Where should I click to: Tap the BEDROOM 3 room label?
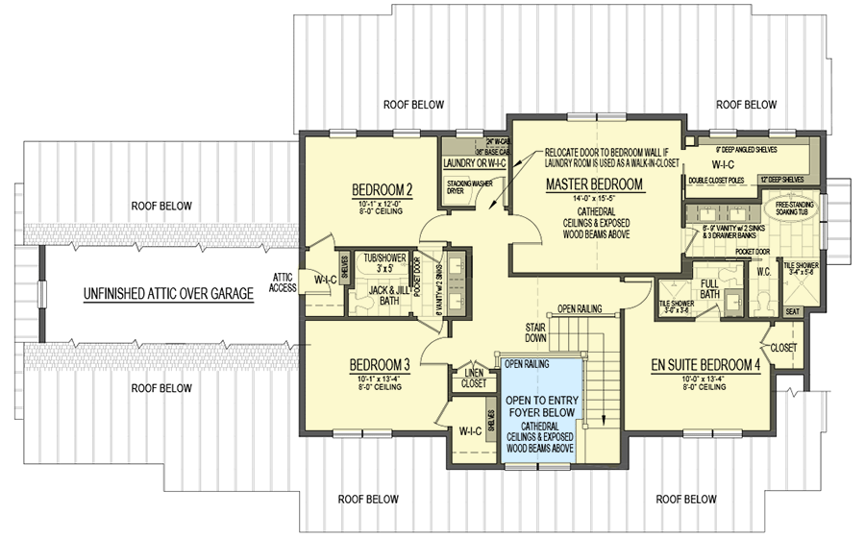(380, 365)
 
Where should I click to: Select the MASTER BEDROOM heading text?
(593, 183)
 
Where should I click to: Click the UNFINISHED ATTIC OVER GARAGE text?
(167, 294)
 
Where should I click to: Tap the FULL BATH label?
(709, 288)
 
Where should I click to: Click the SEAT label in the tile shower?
(793, 311)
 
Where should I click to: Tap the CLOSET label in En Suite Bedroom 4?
(784, 346)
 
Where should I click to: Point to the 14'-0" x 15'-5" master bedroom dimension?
(592, 199)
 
